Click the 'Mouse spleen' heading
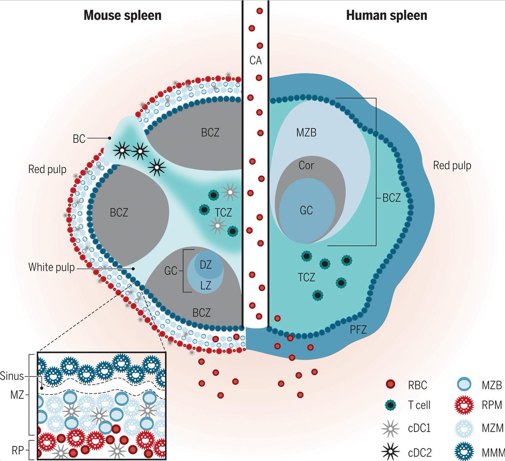click(x=122, y=16)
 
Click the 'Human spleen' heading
click(x=386, y=16)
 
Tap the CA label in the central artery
click(x=255, y=61)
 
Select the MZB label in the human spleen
click(x=306, y=133)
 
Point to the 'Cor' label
click(x=306, y=165)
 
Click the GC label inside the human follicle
click(x=306, y=210)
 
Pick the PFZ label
click(x=358, y=329)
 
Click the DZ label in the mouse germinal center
click(x=205, y=265)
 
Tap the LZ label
click(x=205, y=286)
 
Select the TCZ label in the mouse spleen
click(x=223, y=213)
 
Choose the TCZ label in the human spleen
click(x=306, y=277)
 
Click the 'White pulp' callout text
click(x=51, y=267)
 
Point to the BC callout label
click(x=79, y=139)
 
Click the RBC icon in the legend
click(x=391, y=384)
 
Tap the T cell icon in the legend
click(x=391, y=405)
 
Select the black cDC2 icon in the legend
click(x=391, y=453)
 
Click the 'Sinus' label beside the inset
click(x=12, y=375)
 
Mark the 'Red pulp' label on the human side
click(x=452, y=166)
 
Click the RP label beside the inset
click(x=17, y=450)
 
